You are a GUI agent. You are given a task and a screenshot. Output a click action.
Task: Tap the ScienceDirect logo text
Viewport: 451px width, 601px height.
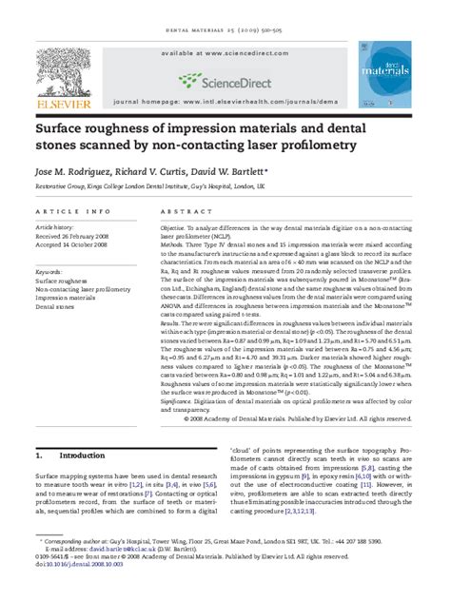pyautogui.click(x=231, y=80)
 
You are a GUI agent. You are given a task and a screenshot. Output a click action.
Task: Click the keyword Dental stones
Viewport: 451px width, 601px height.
pyautogui.click(x=60, y=307)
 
